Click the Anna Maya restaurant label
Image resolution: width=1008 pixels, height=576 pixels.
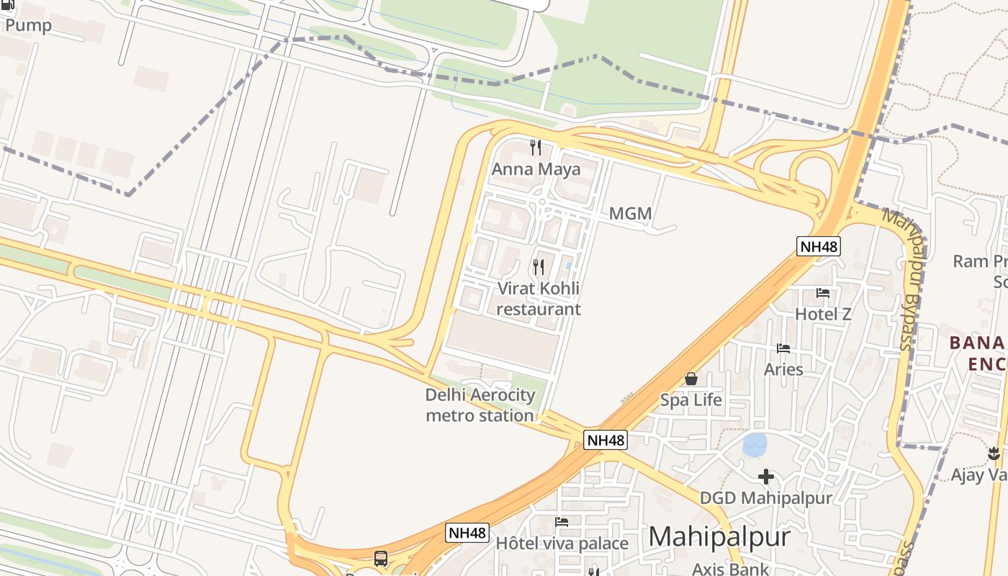pos(536,170)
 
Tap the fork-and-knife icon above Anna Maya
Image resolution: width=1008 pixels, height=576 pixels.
pos(536,148)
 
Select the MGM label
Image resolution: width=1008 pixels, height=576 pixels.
pos(630,214)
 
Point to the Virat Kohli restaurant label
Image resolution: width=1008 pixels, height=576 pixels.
pos(539,299)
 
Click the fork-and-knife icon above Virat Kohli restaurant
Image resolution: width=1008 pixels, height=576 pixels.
pos(539,267)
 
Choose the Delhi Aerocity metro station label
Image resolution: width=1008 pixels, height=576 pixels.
pos(480,405)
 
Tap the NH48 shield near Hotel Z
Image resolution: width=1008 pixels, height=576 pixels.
pos(819,247)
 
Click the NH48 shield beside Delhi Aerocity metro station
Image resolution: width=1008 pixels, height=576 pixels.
pos(606,440)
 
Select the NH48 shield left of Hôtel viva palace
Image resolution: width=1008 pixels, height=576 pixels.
pos(467,533)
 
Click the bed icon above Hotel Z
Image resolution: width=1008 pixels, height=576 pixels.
pos(823,293)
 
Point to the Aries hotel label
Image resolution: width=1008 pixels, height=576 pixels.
pos(783,369)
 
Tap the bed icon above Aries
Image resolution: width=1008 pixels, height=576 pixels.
pos(783,348)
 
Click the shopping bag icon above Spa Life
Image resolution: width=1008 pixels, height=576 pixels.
pos(691,379)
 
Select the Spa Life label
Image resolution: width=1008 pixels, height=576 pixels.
pos(691,400)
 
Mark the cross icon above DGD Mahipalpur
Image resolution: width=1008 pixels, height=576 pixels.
pos(766,476)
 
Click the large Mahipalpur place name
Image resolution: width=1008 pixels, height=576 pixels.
pos(719,537)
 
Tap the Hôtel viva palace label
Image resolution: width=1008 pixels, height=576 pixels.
pos(562,544)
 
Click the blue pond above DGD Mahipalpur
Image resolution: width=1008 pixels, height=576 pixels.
pos(755,445)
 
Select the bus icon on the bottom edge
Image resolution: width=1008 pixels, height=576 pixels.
pos(381,558)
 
